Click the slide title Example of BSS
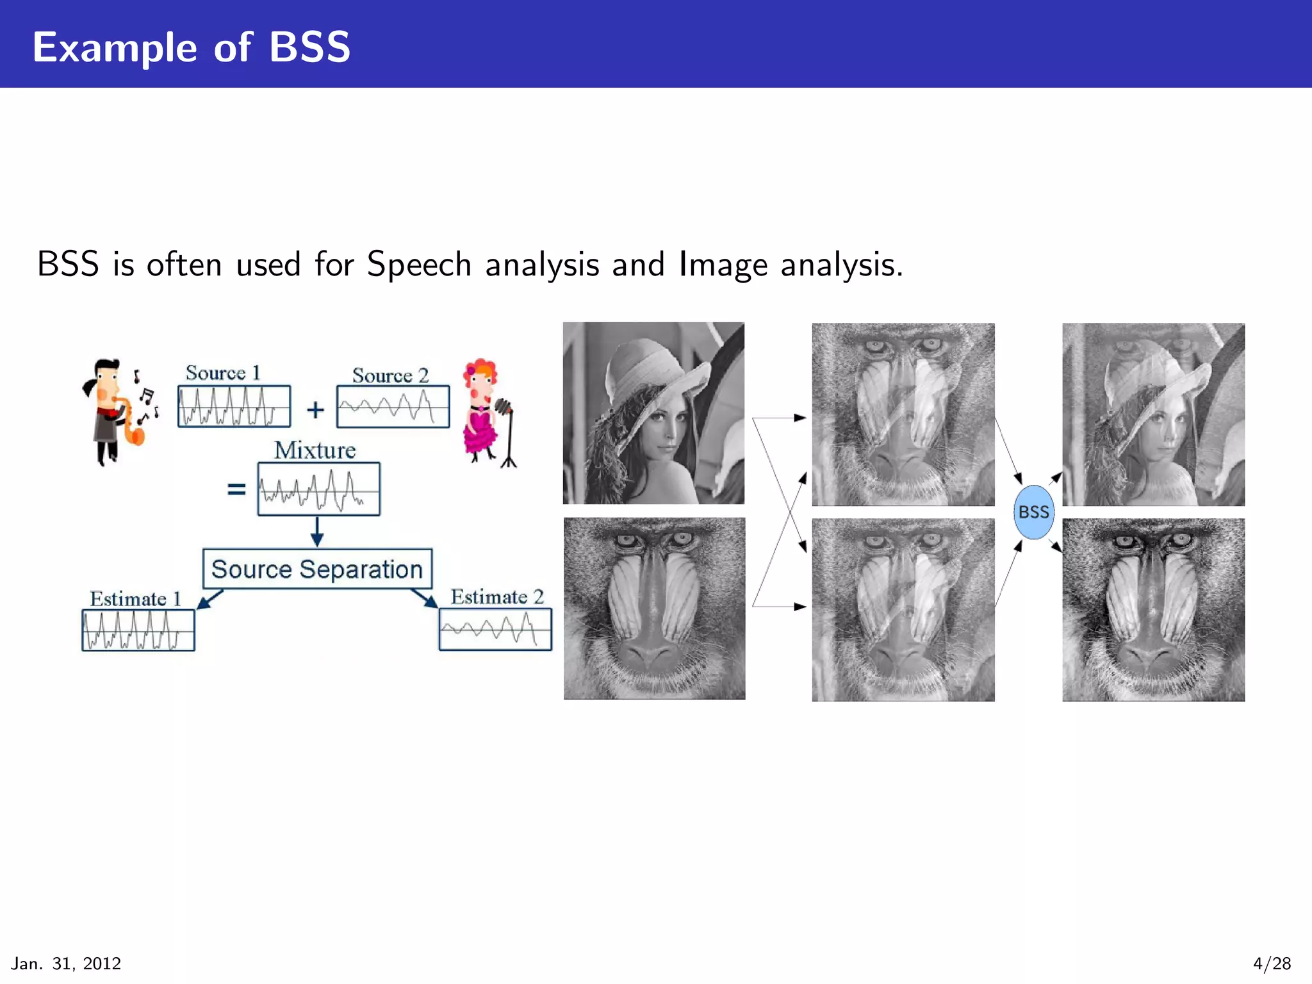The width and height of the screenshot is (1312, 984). tap(192, 47)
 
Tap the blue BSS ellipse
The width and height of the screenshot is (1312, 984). tap(1033, 512)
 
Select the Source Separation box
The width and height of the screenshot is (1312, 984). tap(317, 569)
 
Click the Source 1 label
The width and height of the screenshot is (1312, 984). tap(222, 373)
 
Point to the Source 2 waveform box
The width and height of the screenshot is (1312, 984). tap(393, 406)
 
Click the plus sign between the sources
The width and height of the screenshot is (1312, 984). tap(315, 409)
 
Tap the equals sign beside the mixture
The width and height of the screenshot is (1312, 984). tap(236, 489)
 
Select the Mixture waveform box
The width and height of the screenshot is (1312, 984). tap(318, 489)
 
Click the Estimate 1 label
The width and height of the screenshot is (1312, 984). tap(135, 599)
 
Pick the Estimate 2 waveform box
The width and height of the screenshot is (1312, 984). tap(495, 629)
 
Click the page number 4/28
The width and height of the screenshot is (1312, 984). tap(1271, 963)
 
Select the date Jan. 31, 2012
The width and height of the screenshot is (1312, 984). tap(66, 963)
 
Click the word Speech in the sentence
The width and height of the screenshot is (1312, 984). tap(419, 264)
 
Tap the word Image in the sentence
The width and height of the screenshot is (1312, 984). tap(723, 264)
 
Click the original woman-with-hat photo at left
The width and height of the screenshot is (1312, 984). tap(653, 413)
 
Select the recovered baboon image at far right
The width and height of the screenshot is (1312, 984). tap(1153, 610)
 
